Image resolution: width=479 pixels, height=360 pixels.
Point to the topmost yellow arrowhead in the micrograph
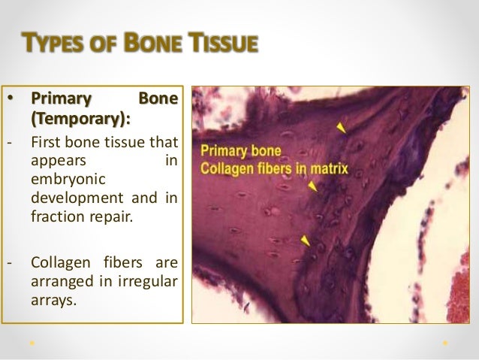point(342,129)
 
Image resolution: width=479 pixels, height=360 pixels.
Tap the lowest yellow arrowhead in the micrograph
point(306,240)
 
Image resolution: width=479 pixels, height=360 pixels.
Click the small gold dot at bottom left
point(32,343)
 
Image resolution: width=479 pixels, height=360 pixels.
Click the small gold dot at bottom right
point(445,343)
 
